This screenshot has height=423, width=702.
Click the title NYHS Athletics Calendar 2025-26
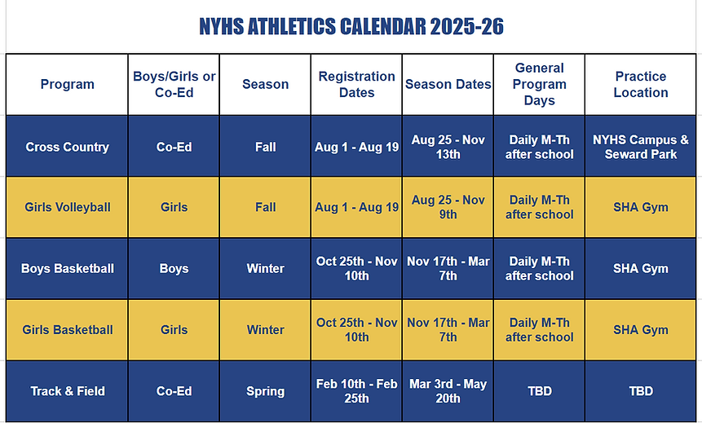pos(351,27)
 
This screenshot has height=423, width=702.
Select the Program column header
pos(67,84)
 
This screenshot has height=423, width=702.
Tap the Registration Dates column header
pos(356,84)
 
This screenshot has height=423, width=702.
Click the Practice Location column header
pos(641,84)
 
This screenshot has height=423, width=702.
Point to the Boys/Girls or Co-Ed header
pos(174,84)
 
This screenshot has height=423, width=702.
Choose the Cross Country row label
pos(67,147)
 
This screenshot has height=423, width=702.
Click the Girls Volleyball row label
pos(67,207)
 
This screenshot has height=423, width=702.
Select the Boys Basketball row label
pos(67,268)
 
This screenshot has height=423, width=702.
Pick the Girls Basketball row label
pos(67,329)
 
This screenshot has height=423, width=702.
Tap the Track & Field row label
pos(67,390)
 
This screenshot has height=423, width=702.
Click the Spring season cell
pos(265,390)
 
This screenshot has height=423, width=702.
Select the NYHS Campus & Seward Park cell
pos(641,147)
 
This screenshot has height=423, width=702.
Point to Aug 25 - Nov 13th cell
pos(448,147)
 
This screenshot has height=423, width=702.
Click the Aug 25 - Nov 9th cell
pos(448,207)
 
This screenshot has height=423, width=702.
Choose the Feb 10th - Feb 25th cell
pos(356,390)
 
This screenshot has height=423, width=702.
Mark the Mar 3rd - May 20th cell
pos(448,390)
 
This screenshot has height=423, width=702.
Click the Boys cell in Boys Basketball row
pos(174,268)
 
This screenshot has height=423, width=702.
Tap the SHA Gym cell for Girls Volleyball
pos(641,207)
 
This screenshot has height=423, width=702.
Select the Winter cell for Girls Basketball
pos(265,329)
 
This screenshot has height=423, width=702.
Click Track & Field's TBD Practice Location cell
pos(641,390)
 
